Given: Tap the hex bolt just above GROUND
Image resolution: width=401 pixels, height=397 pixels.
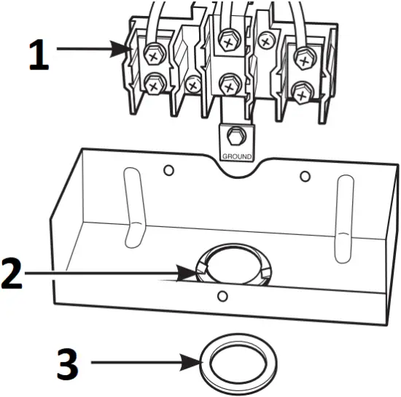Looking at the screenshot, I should pyautogui.click(x=235, y=136).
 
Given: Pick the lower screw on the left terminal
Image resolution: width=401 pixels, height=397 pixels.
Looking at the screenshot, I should pyautogui.click(x=154, y=85).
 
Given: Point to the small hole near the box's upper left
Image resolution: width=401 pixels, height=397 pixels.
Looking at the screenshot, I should pyautogui.click(x=168, y=170).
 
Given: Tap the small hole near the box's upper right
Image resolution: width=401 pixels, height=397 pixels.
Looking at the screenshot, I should pyautogui.click(x=305, y=176).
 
